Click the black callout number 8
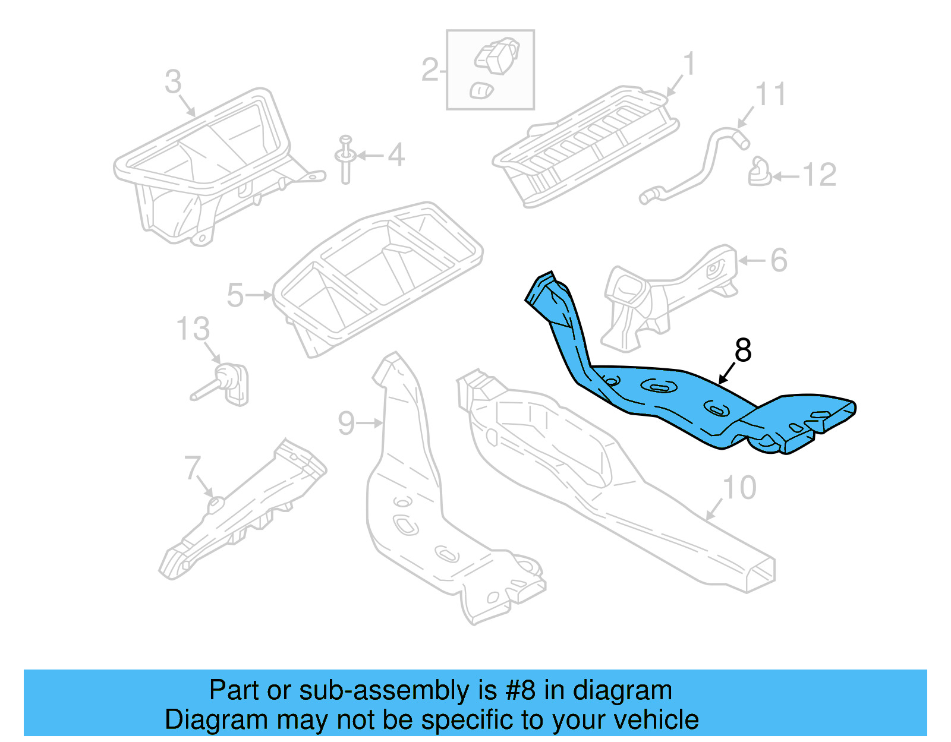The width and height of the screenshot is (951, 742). tap(743, 351)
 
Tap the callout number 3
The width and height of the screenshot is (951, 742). tap(173, 82)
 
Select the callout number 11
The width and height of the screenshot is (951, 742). tap(770, 95)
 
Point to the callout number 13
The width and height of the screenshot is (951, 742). tap(193, 329)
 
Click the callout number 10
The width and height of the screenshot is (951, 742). tap(739, 488)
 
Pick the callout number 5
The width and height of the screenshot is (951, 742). tap(235, 295)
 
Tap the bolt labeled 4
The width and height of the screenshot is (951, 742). tap(345, 159)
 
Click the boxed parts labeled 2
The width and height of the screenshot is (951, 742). tap(490, 70)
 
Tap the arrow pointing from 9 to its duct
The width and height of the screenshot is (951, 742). tap(370, 423)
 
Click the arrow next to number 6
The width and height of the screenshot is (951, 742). tap(752, 260)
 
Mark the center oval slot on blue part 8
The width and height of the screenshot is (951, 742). tap(659, 387)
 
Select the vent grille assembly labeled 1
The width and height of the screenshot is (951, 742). tap(585, 146)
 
